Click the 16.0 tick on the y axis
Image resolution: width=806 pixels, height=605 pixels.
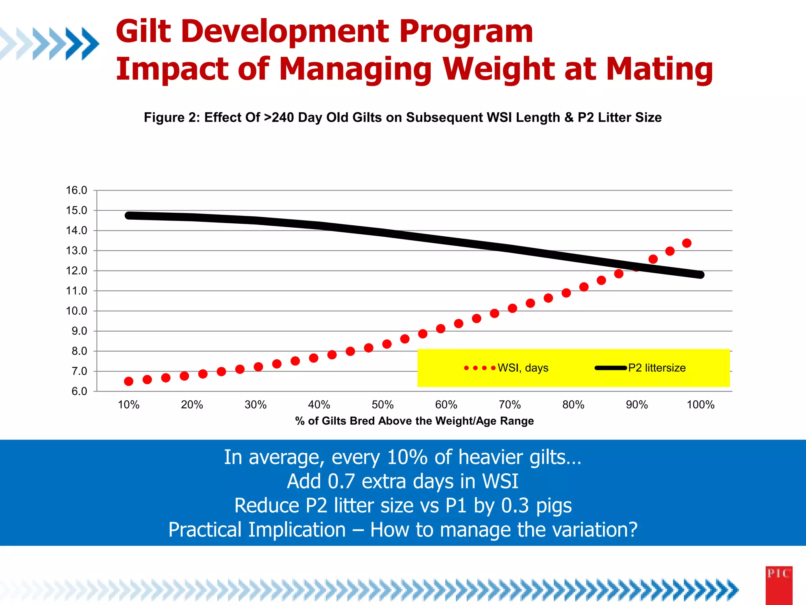point(76,190)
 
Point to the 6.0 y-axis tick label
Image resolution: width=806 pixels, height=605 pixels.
point(79,391)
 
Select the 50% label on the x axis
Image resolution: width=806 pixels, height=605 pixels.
point(383,405)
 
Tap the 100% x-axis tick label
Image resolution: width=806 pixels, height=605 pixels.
point(701,405)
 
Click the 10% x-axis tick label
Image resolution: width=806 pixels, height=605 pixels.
point(129,405)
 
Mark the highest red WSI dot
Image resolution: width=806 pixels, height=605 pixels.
point(687,243)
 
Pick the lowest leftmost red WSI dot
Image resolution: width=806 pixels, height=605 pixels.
point(129,381)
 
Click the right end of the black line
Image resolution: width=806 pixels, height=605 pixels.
point(700,275)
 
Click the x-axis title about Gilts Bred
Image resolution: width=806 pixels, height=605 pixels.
point(414,421)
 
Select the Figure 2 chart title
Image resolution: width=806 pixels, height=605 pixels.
point(403,117)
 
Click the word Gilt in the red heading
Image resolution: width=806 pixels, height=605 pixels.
point(143,32)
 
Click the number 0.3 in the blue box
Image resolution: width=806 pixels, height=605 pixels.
point(515,505)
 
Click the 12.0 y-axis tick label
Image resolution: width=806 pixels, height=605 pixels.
point(76,271)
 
